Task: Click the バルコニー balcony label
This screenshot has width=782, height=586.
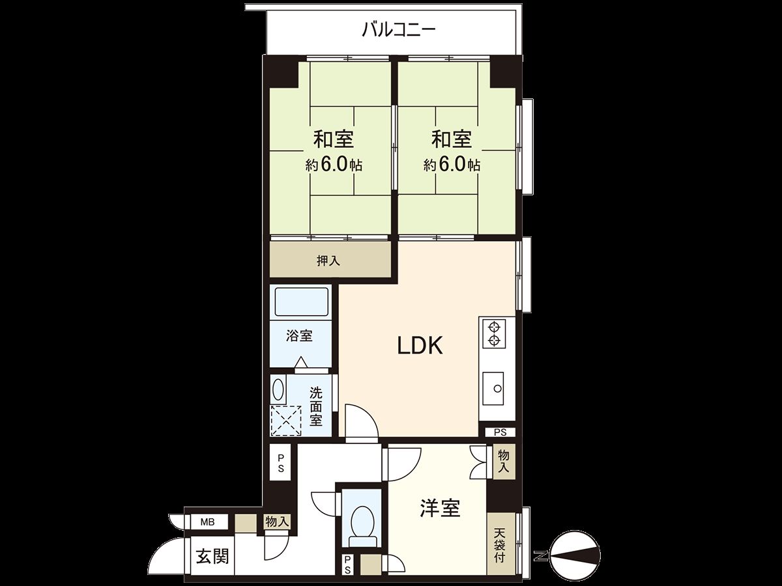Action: point(398,30)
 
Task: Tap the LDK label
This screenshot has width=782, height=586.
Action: point(420,346)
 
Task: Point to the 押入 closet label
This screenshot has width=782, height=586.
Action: point(328,261)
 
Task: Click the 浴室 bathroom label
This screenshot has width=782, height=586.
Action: point(300,336)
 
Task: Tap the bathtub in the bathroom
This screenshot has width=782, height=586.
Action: point(302,303)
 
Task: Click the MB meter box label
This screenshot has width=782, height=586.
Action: point(207,522)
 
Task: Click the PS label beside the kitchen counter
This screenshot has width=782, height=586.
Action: point(500,432)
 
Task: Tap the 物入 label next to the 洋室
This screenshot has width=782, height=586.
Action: point(504,461)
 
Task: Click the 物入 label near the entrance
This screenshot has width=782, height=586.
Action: point(276,522)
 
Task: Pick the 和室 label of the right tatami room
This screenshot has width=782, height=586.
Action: point(451,139)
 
